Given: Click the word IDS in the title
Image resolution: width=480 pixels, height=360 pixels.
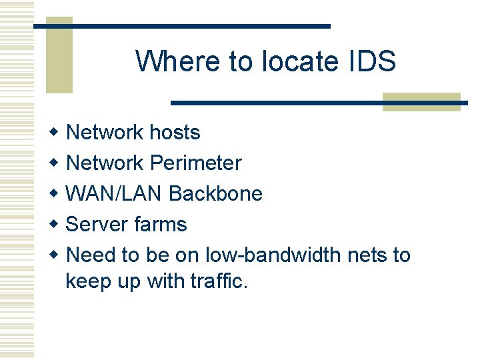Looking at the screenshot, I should [x=371, y=61].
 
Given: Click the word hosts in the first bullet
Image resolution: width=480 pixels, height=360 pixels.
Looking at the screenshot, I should [x=175, y=132].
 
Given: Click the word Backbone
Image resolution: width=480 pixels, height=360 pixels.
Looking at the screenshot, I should [x=216, y=193].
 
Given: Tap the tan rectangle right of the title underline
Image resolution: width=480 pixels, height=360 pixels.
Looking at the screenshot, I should [x=421, y=101].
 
